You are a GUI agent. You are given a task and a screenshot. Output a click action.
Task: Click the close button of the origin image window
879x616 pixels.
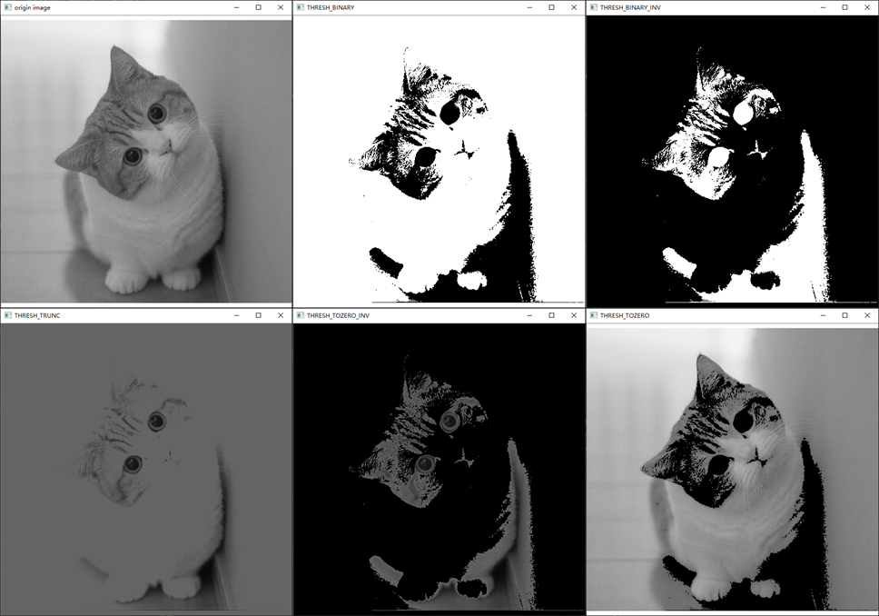point(281,7)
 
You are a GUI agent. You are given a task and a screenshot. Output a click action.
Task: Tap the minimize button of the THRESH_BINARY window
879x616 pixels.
point(529,7)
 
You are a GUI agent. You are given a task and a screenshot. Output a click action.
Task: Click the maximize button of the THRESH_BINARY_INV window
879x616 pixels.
point(844,7)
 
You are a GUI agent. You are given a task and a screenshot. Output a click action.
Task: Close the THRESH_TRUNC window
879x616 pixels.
point(281,315)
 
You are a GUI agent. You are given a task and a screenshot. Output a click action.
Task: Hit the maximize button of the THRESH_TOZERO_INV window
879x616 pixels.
point(551,315)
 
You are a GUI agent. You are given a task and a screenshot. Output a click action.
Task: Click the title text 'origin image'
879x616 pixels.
point(33,8)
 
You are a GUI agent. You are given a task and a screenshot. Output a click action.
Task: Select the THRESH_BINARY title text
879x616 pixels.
point(331,8)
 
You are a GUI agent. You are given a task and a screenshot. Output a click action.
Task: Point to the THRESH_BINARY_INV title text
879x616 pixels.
point(630,8)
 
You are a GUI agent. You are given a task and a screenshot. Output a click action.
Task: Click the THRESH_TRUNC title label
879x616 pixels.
point(37,316)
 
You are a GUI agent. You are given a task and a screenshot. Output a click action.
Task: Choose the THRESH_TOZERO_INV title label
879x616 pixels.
point(338,316)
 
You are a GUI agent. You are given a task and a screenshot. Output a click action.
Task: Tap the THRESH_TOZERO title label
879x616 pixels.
point(625,316)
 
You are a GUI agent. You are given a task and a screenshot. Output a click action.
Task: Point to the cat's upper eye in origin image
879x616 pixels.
point(157,114)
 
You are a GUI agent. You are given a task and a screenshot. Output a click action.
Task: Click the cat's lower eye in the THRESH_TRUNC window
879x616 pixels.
point(133,464)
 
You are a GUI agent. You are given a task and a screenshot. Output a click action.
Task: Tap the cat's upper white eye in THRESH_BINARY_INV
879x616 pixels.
point(744,113)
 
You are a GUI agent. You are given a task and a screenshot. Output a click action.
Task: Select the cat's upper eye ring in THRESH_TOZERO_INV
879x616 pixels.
point(449,421)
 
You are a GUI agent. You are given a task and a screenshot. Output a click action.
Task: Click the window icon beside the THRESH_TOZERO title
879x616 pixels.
point(594,315)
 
